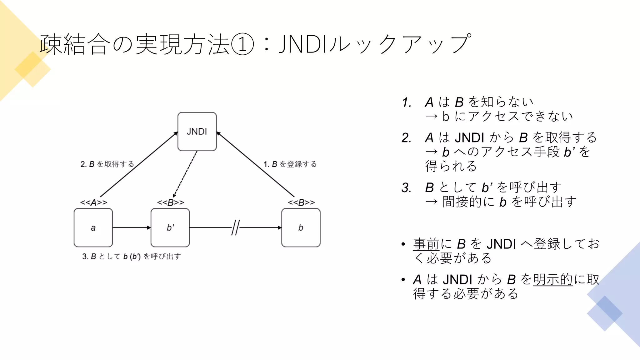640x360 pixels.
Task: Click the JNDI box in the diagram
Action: (197, 132)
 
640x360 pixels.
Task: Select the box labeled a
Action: (93, 228)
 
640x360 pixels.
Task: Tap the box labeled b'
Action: (170, 228)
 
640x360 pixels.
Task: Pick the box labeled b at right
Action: (301, 228)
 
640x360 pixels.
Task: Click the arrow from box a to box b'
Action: (131, 228)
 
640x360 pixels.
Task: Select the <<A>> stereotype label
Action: (93, 202)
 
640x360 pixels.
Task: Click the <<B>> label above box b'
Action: (170, 202)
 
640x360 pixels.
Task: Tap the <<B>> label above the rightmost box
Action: (301, 202)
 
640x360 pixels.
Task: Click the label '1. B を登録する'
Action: (290, 164)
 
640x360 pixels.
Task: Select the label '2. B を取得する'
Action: (107, 164)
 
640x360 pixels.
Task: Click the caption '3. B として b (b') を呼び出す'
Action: (131, 257)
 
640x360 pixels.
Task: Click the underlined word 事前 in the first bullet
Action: (426, 244)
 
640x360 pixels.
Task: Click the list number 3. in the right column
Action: (407, 188)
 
